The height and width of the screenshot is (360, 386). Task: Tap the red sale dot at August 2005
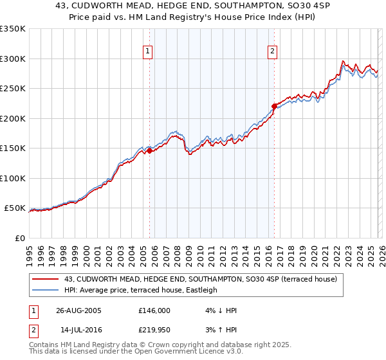pos(149,151)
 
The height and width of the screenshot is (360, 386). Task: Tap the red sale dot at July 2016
pos(273,107)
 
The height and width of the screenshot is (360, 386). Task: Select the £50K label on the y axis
pos(15,208)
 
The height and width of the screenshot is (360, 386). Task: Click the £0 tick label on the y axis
pos(19,238)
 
